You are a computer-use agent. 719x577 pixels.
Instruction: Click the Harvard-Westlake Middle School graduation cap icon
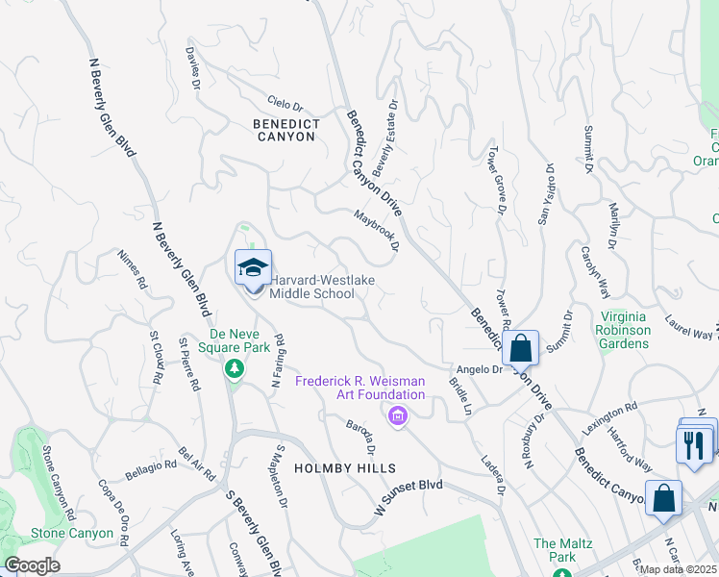[x=254, y=266]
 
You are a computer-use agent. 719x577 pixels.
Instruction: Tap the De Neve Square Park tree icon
[x=233, y=368]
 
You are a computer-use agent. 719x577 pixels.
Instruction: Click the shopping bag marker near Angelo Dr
[x=520, y=347]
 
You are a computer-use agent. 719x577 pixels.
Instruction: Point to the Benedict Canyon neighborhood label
[x=284, y=130]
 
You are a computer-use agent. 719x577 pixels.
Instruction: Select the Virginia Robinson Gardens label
[x=626, y=330]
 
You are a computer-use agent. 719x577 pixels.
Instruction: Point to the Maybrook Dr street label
[x=376, y=230]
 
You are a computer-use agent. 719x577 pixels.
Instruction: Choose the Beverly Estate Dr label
[x=384, y=138]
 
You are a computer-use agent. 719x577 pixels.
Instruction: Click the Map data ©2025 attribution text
[x=676, y=569]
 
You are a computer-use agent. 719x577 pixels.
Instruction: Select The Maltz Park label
[x=556, y=550]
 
